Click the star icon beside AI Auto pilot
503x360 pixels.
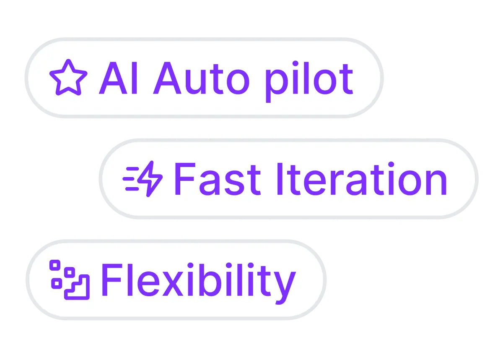coord(68,78)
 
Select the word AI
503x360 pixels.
coord(118,78)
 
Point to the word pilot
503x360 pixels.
coord(309,81)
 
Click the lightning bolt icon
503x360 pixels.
coord(150,179)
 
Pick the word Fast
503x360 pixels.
coord(218,179)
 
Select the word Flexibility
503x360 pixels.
coord(199,283)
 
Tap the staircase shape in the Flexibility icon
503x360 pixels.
coord(77,287)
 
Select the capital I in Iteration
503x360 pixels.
coord(280,179)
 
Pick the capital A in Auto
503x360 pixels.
coord(167,78)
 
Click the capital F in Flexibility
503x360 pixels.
coord(112,280)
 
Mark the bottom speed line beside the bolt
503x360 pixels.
coord(132,189)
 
